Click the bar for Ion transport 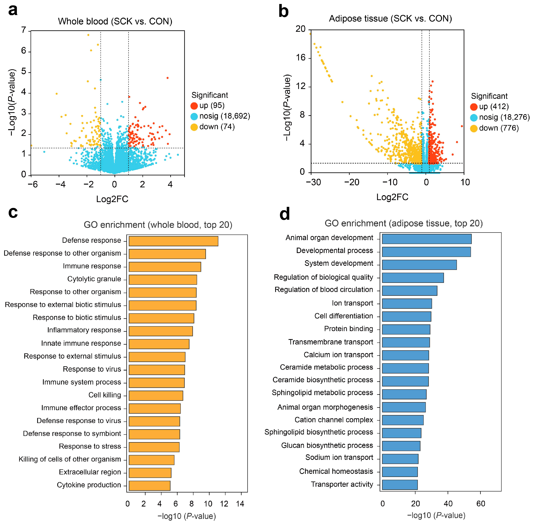pos(407,304)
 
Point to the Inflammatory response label pos(84,330)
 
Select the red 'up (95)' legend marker pos(194,106)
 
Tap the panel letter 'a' pos(13,10)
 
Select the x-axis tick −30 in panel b pos(313,182)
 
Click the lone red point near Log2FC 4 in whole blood pos(168,78)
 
